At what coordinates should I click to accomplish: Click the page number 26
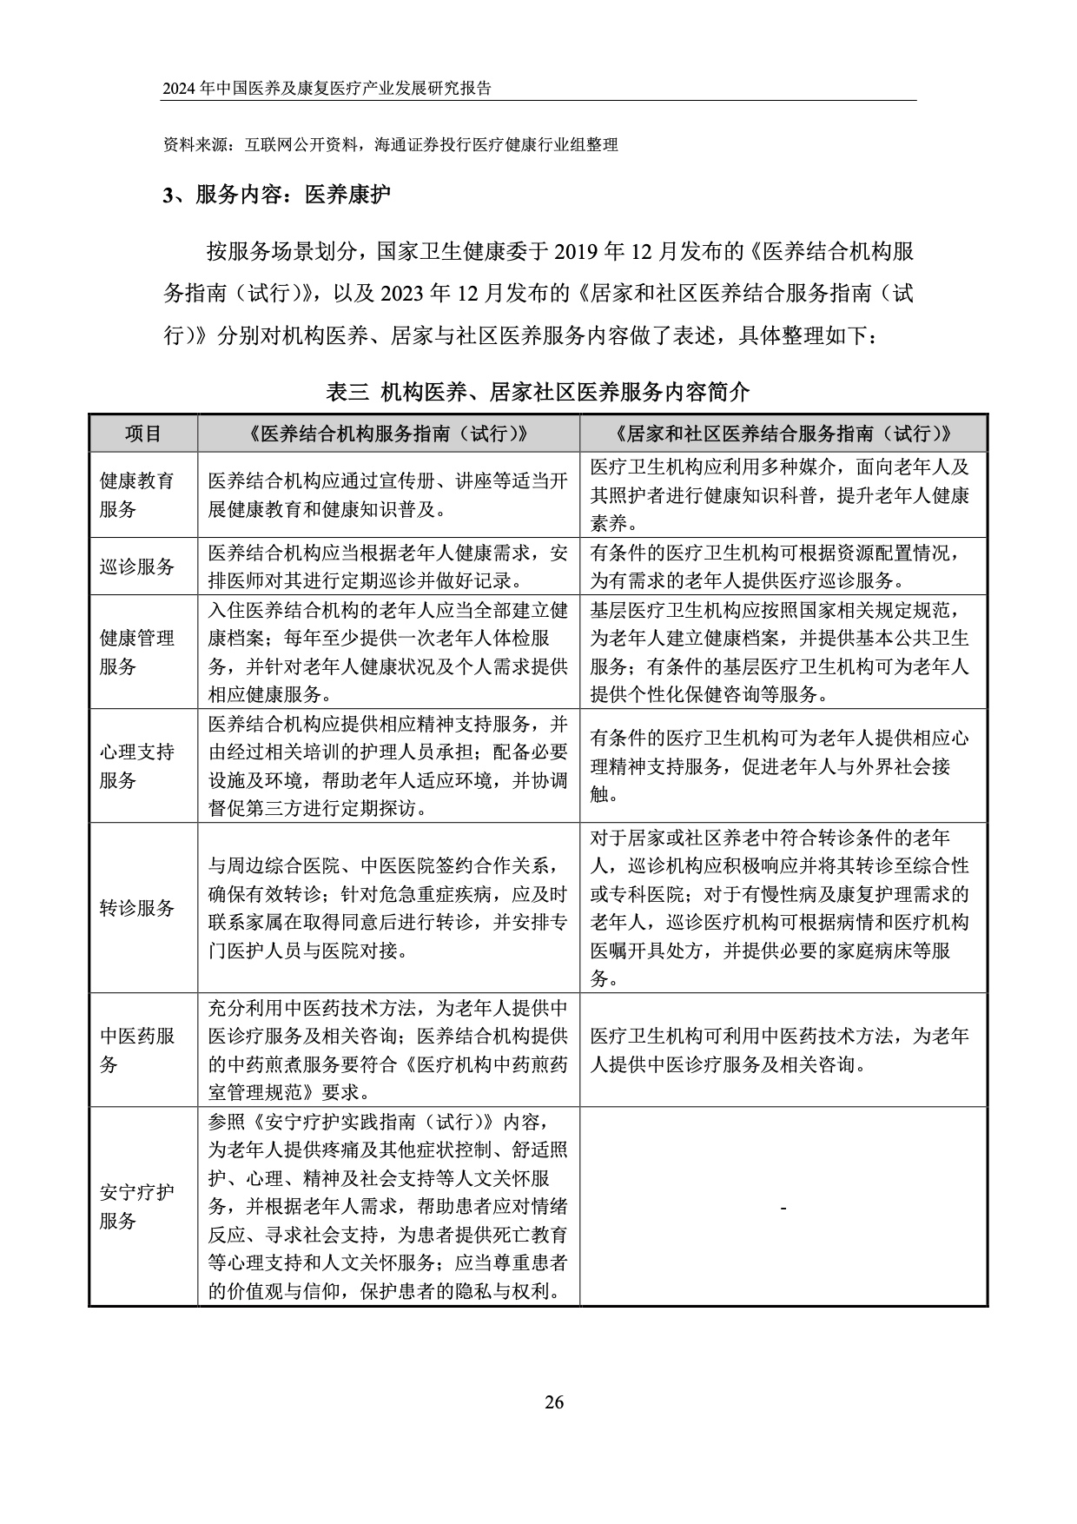coord(554,1401)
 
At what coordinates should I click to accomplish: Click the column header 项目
coord(143,434)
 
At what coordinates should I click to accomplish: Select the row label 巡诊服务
coord(137,567)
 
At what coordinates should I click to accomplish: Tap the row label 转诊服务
coord(137,908)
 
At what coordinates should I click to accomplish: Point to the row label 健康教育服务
coord(137,494)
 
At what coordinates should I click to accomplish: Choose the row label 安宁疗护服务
coord(137,1206)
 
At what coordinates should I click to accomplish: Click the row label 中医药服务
coord(137,1050)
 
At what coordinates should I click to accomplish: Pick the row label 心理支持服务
coord(137,765)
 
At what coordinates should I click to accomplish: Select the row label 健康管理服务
coord(137,652)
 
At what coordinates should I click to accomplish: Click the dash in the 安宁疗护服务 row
coord(783,1208)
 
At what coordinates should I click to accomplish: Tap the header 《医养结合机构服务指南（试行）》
coord(388,434)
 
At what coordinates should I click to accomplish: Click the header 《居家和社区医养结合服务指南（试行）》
coord(783,434)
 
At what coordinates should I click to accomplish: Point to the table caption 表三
coord(347,393)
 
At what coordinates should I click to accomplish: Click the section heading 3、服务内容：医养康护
coord(277,195)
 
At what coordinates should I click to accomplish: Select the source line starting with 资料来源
coord(391,145)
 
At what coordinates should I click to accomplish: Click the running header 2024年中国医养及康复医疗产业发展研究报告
coord(327,89)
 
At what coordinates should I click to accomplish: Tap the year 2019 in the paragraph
coord(576,253)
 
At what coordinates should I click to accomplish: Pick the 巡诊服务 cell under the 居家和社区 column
coord(783,567)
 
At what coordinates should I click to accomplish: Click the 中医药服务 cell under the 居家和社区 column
coord(783,1050)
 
